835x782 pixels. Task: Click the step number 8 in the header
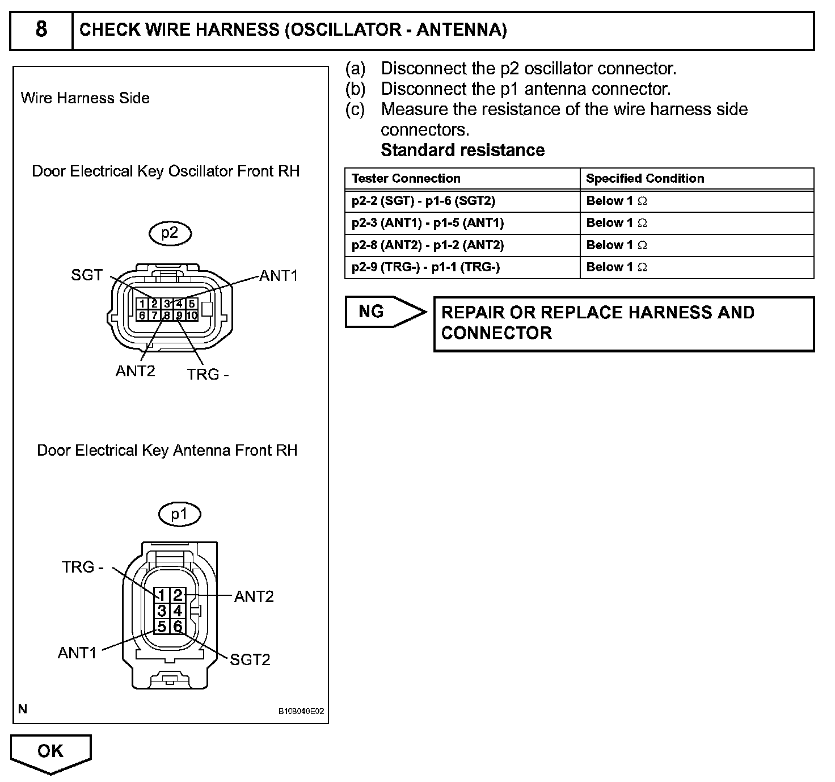coord(41,29)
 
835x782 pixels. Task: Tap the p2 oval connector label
coord(170,233)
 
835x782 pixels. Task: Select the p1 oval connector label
coord(179,514)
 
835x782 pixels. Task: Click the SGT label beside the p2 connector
coord(87,275)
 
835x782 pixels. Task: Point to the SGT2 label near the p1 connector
coord(250,659)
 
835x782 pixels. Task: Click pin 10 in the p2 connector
coord(192,316)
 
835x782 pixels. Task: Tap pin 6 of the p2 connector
coord(142,316)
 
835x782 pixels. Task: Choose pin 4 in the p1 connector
coord(178,611)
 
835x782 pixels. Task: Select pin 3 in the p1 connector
coord(162,611)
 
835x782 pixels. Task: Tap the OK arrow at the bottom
coord(50,752)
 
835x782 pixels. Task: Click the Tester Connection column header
coord(406,179)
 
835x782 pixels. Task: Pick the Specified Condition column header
coord(645,179)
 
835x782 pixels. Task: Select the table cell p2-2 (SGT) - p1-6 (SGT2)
coord(423,201)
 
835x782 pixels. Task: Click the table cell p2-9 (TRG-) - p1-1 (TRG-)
coord(425,267)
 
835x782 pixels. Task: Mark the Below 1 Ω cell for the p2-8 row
coord(617,245)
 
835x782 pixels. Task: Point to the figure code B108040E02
coord(301,711)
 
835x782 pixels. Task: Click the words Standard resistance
coord(462,150)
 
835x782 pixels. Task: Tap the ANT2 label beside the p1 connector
coord(254,596)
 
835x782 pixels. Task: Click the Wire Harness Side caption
coord(85,98)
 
